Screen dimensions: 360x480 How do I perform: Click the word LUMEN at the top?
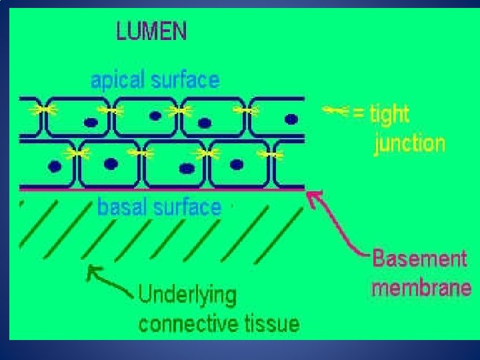coord(152,31)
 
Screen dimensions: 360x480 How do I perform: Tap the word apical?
coord(117,81)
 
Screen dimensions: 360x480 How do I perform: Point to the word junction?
coord(409,143)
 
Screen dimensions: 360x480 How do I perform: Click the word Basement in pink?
coord(420,259)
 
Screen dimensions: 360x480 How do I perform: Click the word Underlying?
coord(187,295)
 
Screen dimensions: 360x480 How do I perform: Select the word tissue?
coord(270,324)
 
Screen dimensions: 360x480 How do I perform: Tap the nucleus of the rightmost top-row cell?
coord(291,119)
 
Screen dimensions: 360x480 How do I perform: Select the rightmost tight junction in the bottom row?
coord(271,155)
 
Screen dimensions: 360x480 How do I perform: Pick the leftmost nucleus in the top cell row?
coord(89,122)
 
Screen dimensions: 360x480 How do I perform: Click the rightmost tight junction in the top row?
coord(247,111)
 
